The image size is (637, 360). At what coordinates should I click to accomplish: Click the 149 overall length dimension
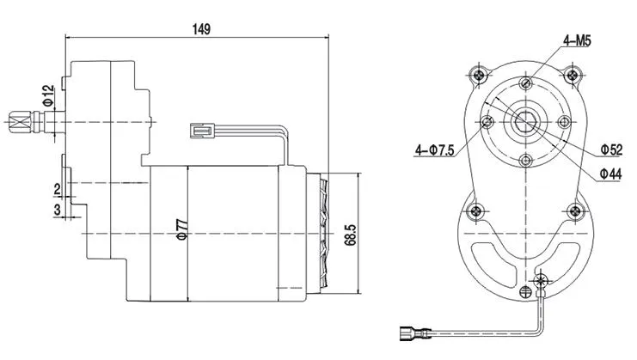[x=200, y=28]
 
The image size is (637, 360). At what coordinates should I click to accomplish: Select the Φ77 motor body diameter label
[x=182, y=225]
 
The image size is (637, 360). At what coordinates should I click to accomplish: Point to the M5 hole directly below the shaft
[x=524, y=160]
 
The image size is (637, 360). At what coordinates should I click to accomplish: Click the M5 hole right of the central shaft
[x=563, y=121]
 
